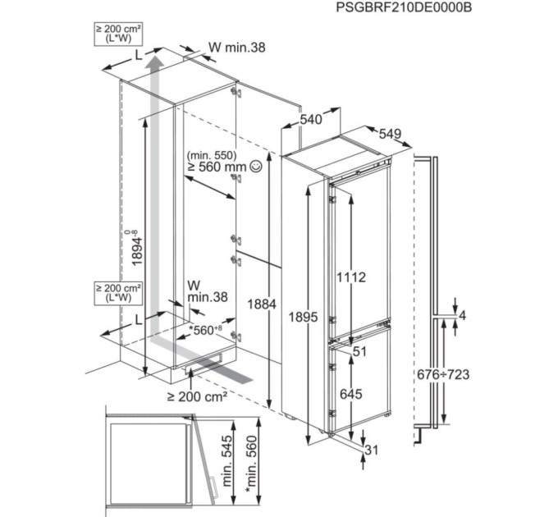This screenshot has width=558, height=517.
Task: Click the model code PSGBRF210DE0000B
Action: tap(405, 8)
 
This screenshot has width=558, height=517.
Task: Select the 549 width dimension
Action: tap(390, 134)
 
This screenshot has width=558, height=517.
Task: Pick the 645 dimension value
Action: tap(351, 394)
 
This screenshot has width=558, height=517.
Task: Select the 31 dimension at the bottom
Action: tap(372, 449)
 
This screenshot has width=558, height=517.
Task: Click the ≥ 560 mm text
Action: tap(217, 166)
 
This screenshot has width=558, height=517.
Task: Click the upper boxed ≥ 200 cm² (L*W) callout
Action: tap(118, 34)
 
